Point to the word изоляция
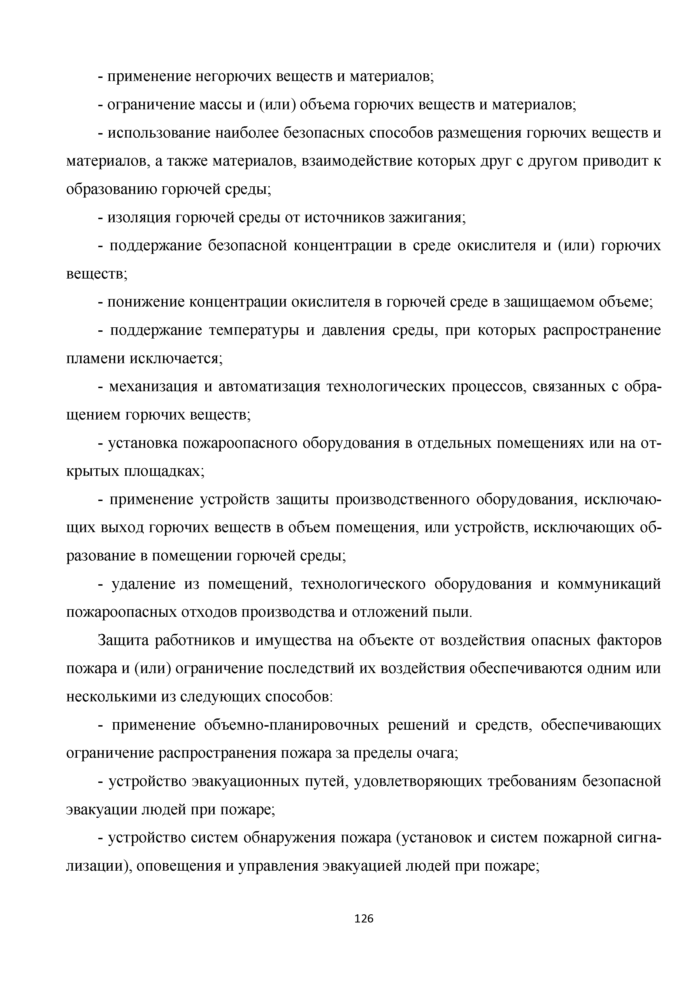[137, 218]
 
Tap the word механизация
[153, 387]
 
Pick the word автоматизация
[269, 387]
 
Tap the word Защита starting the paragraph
[124, 641]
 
